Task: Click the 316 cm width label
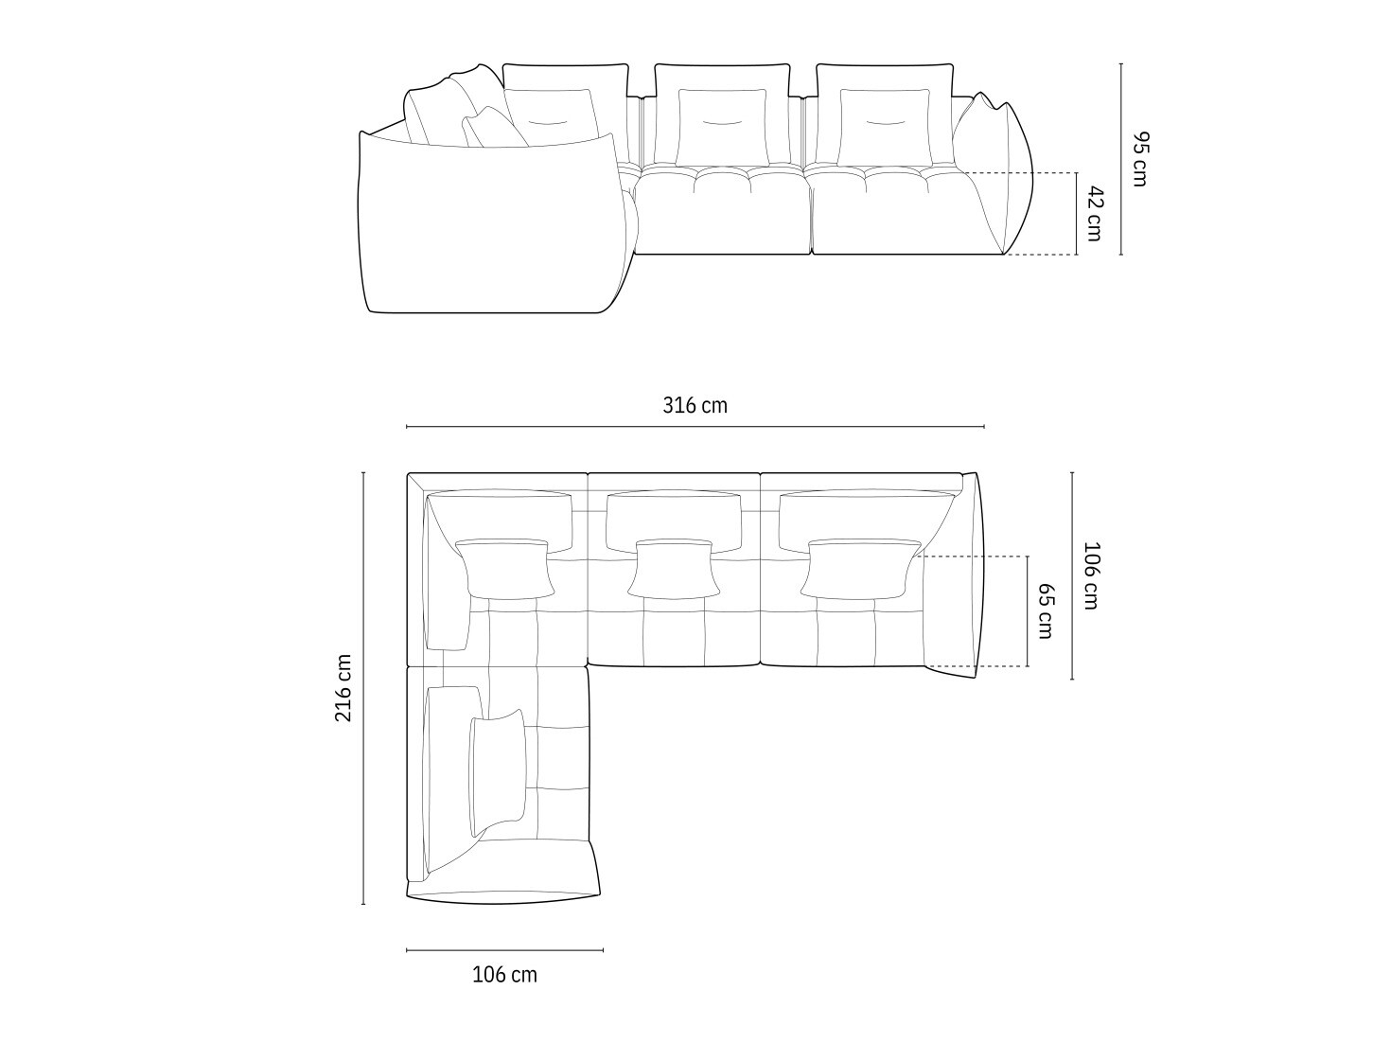tap(695, 405)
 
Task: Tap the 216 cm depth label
tap(343, 688)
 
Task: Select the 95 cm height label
tap(1139, 159)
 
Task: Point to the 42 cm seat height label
tap(1095, 213)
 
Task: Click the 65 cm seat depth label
tap(1047, 610)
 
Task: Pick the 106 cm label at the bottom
tap(504, 975)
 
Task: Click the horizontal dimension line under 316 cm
tap(695, 427)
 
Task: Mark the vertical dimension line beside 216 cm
tap(363, 688)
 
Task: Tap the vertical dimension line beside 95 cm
tap(1121, 159)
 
